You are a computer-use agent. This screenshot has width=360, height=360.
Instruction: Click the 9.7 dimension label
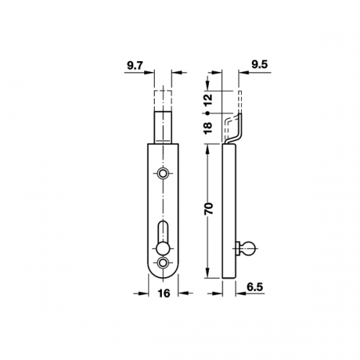point(135,66)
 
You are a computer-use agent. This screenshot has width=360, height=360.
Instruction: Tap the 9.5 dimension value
point(259,64)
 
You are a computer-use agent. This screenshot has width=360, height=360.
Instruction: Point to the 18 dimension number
point(208,127)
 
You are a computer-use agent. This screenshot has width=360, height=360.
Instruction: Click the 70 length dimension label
point(209,208)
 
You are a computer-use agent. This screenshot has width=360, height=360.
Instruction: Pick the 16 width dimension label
point(164,293)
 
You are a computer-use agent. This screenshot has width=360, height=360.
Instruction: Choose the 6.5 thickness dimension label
point(255,287)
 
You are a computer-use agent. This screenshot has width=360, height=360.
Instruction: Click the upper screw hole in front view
point(163,173)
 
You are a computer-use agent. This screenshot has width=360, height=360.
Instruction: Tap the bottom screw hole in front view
point(163,263)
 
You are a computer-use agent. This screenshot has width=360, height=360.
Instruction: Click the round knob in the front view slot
point(163,249)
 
